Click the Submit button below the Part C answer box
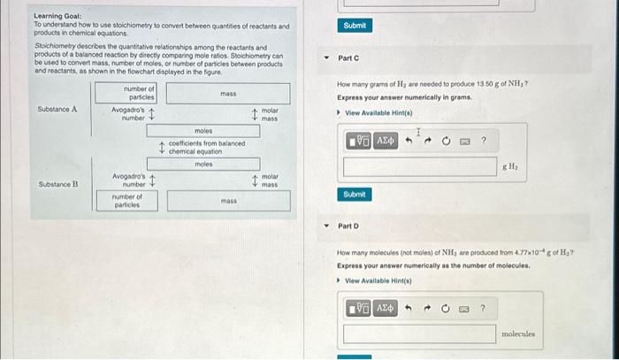pos(354,194)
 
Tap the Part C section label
pos(348,58)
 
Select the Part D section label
pos(348,226)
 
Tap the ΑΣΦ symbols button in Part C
pos(386,141)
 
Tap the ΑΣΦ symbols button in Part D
pos(386,308)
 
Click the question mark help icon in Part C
pos(484,141)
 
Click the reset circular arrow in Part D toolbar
pos(447,308)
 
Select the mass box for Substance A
pos(227,93)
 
